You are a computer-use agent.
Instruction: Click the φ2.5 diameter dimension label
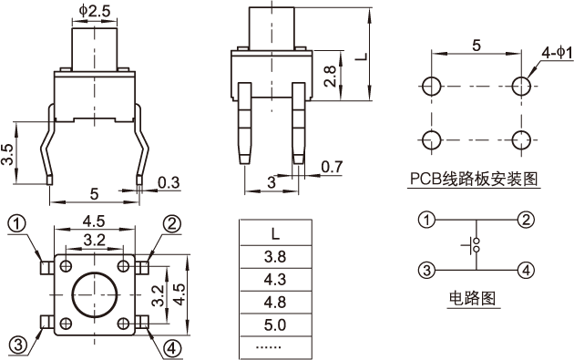coord(95,11)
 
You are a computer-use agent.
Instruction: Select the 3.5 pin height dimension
coord(7,154)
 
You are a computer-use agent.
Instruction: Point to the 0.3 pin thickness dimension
coord(169,182)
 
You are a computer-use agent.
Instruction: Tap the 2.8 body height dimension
coord(330,77)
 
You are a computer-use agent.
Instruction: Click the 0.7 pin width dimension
coord(332,167)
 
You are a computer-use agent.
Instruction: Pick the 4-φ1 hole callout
coord(557,54)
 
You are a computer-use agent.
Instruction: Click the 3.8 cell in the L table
coord(275,257)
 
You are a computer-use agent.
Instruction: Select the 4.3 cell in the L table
coord(275,280)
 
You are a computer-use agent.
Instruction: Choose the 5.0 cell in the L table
coord(275,324)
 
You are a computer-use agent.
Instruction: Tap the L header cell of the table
coord(275,233)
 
